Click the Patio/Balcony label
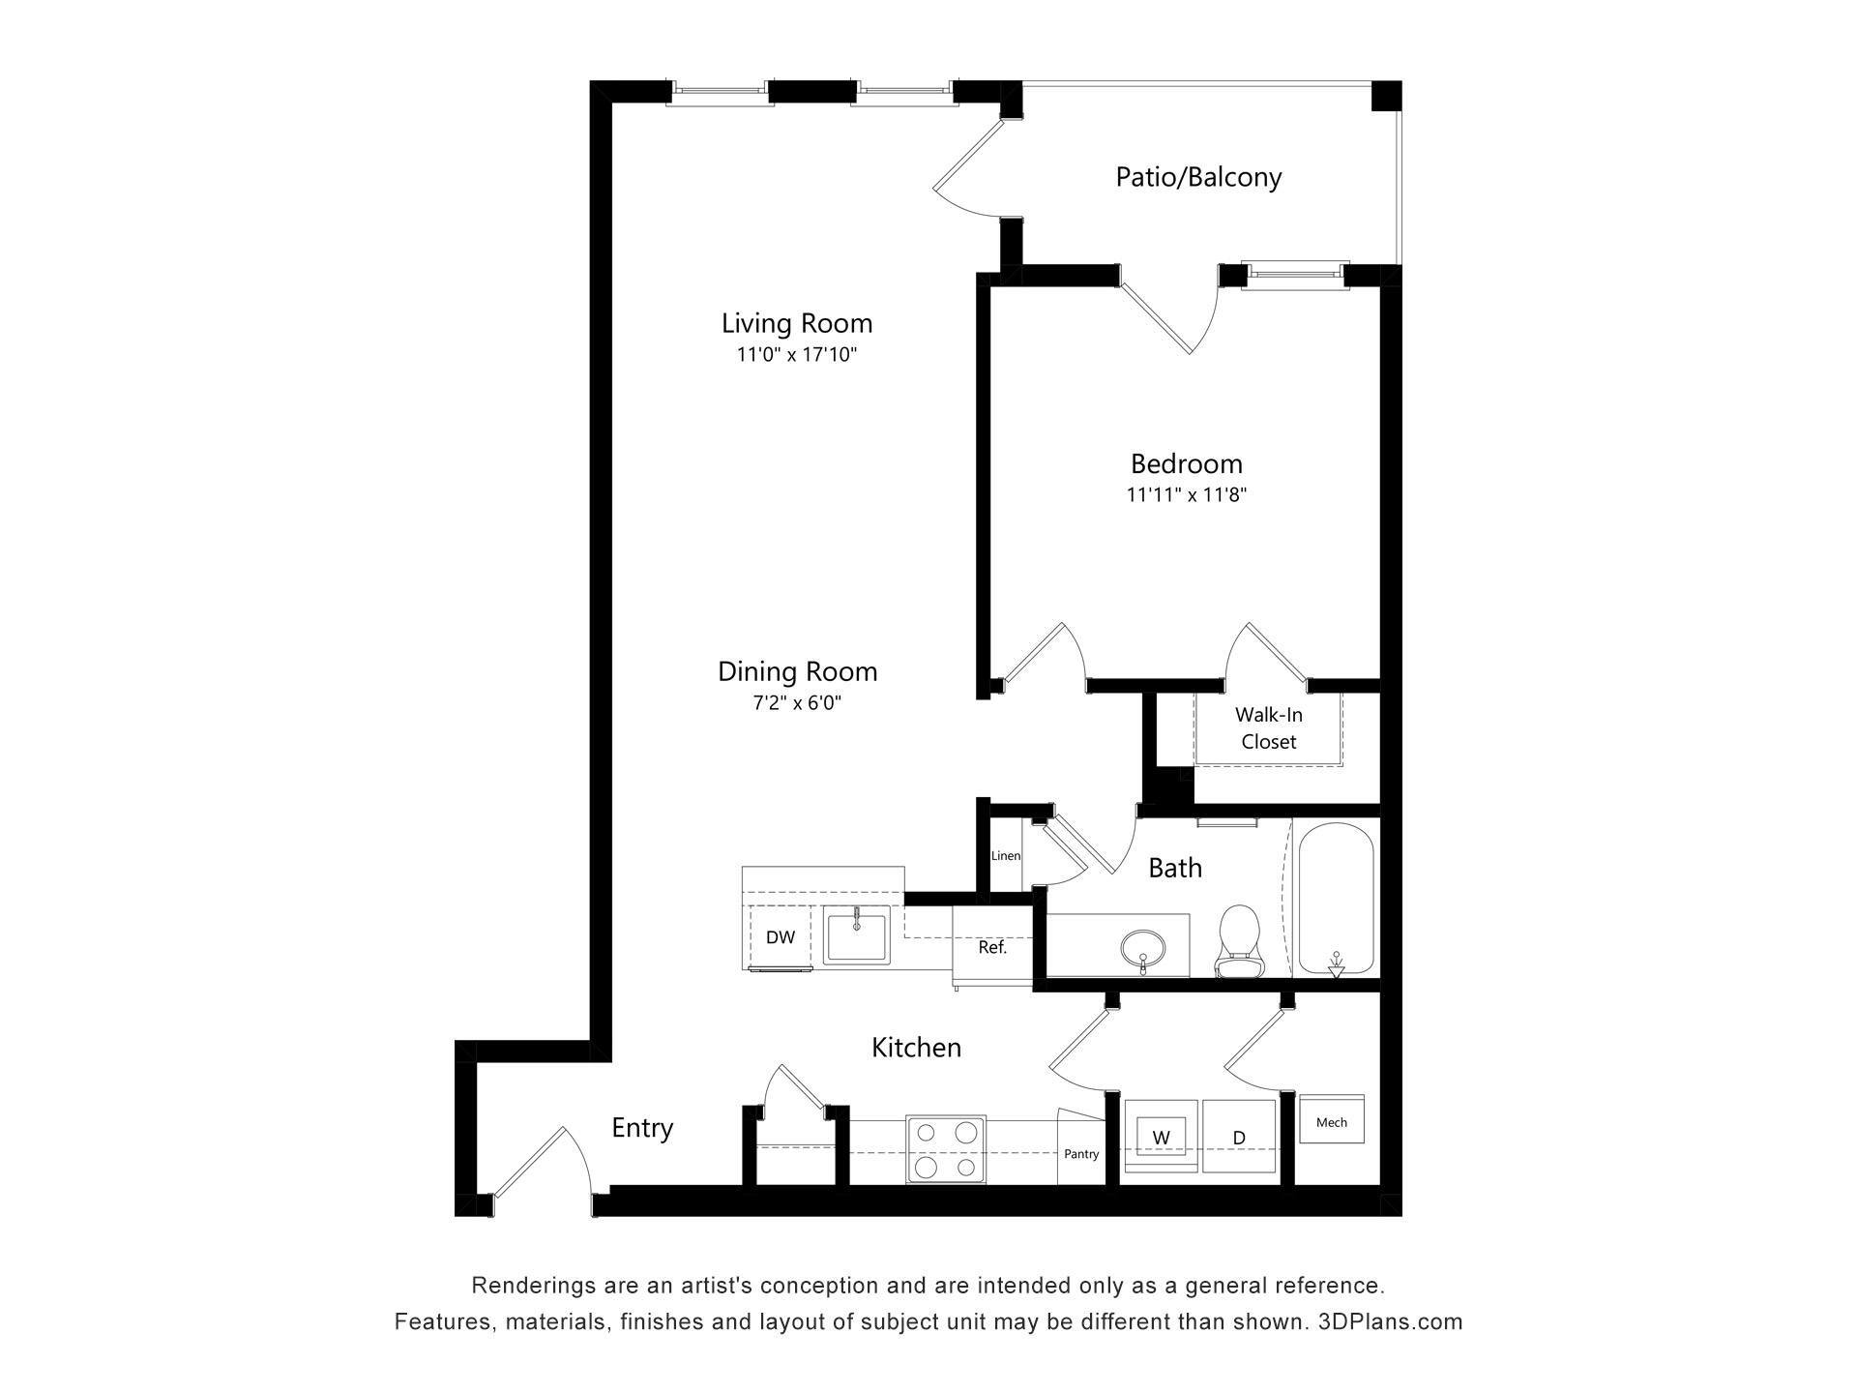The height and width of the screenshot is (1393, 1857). tap(1198, 177)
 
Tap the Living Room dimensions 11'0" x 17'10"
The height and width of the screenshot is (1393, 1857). tap(796, 355)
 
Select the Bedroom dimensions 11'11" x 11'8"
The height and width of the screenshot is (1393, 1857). tap(1186, 495)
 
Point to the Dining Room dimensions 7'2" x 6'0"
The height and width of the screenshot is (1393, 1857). tap(797, 703)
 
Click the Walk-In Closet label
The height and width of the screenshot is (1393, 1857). tap(1268, 728)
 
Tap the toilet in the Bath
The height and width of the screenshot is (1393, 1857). tap(1239, 941)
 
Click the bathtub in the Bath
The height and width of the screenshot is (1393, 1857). tap(1336, 899)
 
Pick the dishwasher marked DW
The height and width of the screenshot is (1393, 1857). tap(781, 936)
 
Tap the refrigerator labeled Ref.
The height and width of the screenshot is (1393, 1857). tap(992, 947)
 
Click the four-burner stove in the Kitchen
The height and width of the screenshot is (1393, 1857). tap(946, 1149)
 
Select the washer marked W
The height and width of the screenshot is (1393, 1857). tap(1161, 1137)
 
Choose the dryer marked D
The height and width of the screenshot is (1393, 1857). tap(1239, 1137)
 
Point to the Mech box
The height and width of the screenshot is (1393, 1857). tap(1331, 1121)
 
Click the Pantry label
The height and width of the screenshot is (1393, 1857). tap(1080, 1153)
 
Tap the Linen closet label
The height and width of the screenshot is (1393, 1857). tap(1005, 855)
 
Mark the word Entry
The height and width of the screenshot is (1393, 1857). tap(642, 1128)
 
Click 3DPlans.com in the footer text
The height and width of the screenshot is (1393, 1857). tap(1390, 1321)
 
